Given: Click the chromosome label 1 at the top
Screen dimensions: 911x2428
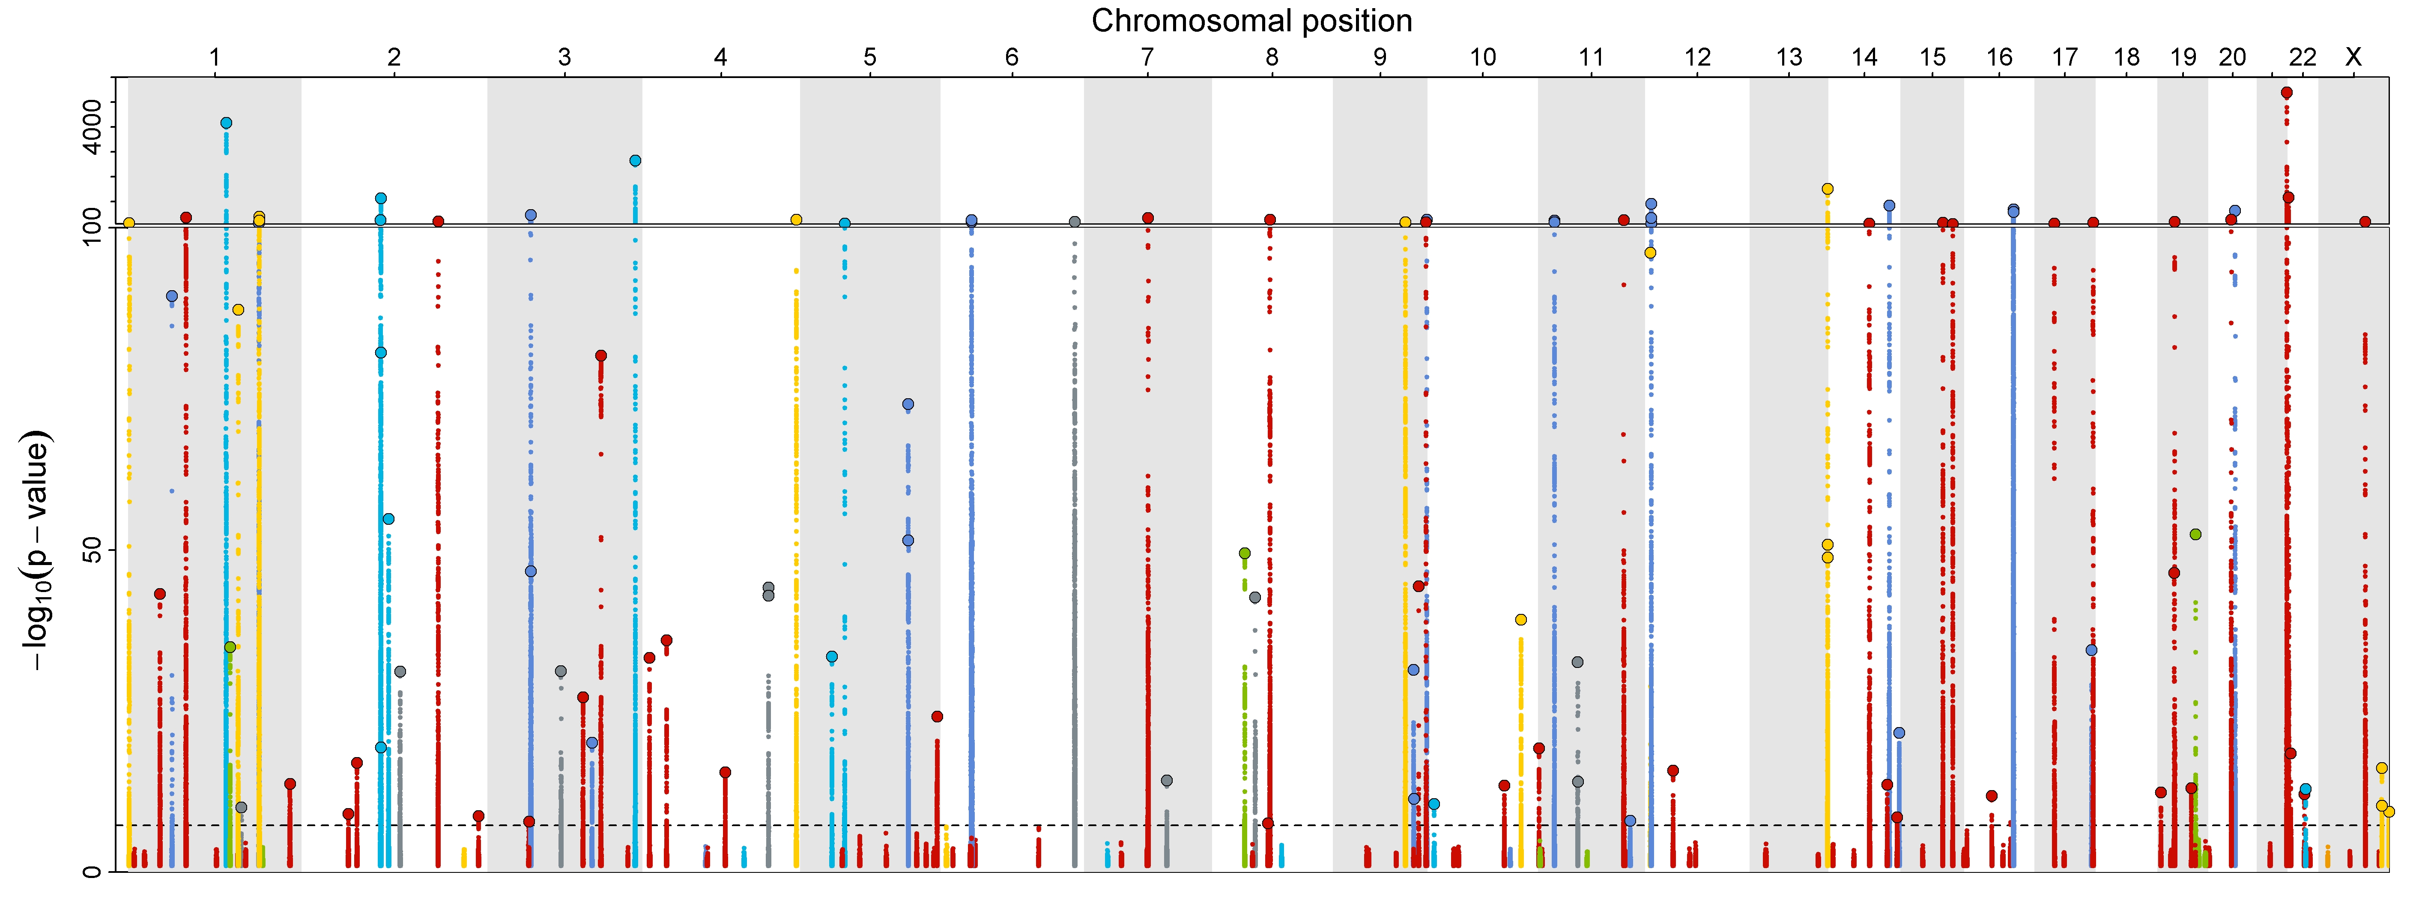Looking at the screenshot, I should coord(215,57).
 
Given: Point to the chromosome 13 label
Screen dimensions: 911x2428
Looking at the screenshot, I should coord(1789,57).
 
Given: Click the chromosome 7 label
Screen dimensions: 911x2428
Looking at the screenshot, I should coord(1147,57).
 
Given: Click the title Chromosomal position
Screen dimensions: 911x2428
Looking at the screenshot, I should coord(1252,21).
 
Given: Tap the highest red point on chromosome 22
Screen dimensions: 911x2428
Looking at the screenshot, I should coord(2287,93).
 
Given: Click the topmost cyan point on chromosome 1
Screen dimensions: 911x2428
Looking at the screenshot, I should coord(226,123).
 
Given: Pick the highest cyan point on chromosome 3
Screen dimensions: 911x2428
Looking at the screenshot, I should coord(635,160).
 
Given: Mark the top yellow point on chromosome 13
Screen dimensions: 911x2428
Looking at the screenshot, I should coord(1828,189).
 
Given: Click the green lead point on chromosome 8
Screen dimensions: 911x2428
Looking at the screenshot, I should coord(1244,553).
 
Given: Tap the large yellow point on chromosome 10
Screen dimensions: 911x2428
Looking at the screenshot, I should coord(1520,619).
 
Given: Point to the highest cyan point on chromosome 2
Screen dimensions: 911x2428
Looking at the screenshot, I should coord(381,198).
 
